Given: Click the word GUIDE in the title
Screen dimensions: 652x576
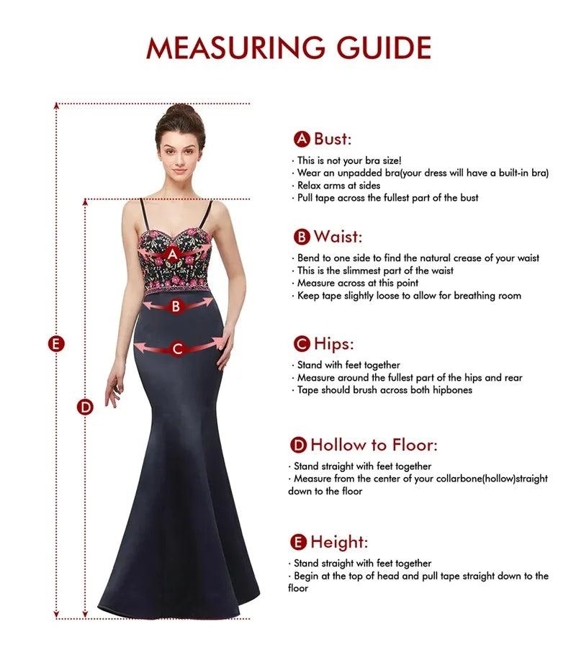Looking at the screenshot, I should (383, 47).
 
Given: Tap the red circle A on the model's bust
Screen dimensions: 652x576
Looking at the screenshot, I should (172, 253).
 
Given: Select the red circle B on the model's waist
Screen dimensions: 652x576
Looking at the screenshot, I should (175, 306).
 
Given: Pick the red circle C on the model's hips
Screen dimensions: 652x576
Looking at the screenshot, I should (178, 349).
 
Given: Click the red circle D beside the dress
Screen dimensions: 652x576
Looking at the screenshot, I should (86, 407).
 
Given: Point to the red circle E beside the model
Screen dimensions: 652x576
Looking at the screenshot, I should (56, 344).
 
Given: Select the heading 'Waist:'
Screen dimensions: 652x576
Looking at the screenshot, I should (338, 236).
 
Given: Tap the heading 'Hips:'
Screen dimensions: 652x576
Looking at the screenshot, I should (334, 343).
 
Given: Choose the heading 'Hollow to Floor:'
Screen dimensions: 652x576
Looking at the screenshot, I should (374, 444).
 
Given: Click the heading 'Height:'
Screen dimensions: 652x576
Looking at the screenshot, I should (339, 541).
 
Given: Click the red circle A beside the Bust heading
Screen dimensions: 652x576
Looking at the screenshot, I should (302, 139).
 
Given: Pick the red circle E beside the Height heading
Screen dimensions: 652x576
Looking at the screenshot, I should (298, 542).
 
